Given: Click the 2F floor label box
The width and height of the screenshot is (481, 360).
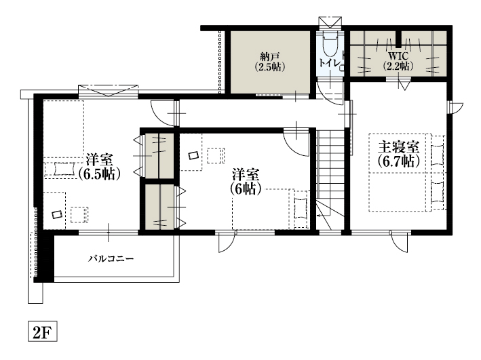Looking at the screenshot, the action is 43,331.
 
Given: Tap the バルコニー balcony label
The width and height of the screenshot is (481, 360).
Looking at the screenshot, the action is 111,259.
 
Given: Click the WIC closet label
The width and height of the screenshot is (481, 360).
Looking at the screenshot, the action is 398,56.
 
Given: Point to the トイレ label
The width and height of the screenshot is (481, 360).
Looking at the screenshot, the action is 330,63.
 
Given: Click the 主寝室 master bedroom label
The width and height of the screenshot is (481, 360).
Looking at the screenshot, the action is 398,147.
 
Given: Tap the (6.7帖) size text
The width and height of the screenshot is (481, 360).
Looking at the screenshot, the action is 398,161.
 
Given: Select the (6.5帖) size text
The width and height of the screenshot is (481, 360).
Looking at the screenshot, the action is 99,174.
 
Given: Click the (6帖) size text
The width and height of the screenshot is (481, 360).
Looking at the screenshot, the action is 246,189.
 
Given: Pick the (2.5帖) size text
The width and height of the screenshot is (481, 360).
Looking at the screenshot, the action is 269,67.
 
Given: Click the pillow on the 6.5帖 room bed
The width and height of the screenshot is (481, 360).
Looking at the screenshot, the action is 64,169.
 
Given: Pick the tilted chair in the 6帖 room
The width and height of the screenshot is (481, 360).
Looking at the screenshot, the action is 193,155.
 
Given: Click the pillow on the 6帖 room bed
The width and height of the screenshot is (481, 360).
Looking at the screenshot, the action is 301,209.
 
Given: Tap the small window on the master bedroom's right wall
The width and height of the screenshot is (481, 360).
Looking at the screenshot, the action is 455,108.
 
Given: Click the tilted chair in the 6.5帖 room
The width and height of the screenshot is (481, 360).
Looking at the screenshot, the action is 57,214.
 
